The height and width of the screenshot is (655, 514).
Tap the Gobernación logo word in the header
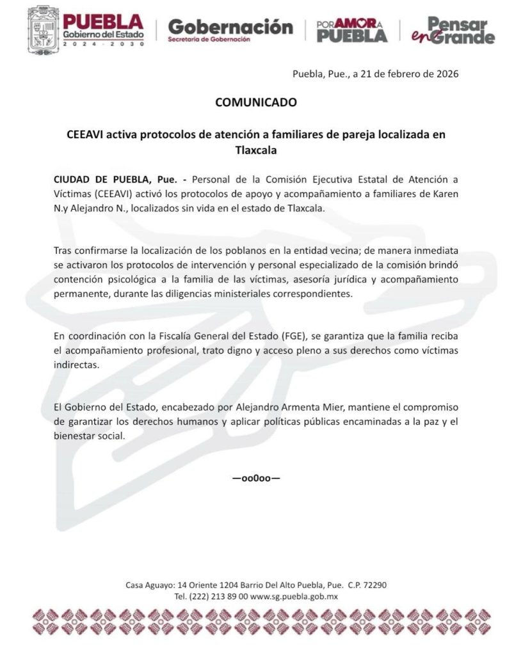click(x=230, y=27)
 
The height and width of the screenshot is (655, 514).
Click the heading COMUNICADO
click(x=256, y=102)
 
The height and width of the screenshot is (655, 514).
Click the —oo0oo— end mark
click(x=256, y=478)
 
